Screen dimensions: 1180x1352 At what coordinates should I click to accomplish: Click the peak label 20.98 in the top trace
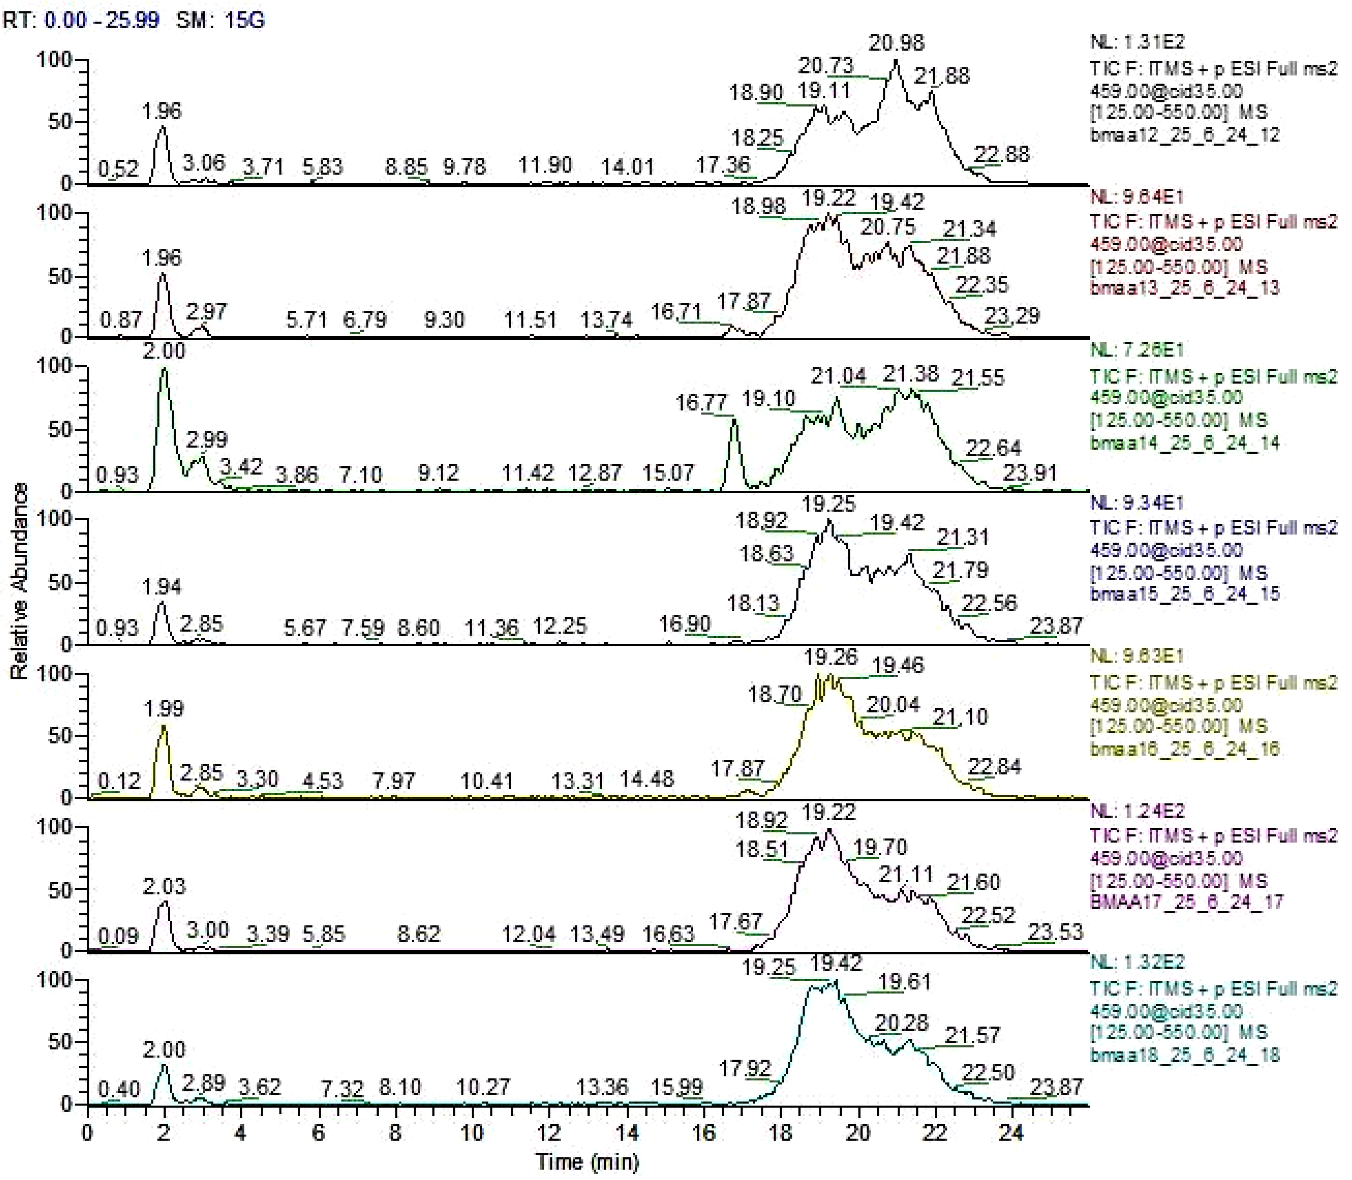(x=896, y=43)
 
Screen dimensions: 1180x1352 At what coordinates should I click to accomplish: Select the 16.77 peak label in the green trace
(x=701, y=402)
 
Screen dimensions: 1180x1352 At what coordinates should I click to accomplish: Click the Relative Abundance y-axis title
(x=20, y=582)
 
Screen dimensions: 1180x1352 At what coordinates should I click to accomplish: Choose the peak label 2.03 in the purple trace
(x=164, y=886)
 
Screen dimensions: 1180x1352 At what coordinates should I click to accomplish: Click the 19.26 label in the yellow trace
(x=830, y=657)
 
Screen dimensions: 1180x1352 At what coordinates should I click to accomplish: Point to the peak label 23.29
(x=1011, y=316)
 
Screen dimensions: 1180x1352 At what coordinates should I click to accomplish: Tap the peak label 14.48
(x=647, y=780)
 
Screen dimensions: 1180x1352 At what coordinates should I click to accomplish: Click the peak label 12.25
(x=559, y=626)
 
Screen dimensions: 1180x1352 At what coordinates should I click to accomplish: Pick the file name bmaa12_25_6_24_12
(x=1185, y=135)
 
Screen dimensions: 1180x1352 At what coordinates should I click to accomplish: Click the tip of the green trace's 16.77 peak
(x=734, y=421)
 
